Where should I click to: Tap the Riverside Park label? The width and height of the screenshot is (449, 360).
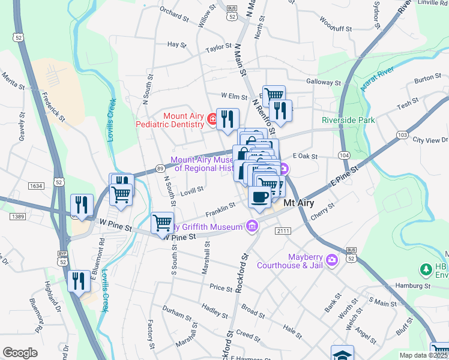(348, 120)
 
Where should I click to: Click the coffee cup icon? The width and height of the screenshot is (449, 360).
(259, 198)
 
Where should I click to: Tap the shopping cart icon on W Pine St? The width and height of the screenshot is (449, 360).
(162, 223)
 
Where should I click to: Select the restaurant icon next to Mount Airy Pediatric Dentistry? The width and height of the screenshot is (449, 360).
(228, 119)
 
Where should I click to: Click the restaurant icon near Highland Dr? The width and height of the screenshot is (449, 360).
(79, 280)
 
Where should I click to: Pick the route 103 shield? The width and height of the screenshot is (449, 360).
(401, 135)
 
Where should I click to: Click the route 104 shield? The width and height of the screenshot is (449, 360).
(344, 155)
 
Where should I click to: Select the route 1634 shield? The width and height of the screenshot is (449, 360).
(35, 186)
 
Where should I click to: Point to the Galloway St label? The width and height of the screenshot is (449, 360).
(324, 82)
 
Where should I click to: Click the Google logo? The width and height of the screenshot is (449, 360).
(20, 353)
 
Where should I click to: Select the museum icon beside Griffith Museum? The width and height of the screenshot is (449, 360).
(252, 226)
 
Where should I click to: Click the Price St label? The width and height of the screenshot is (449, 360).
(220, 288)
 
